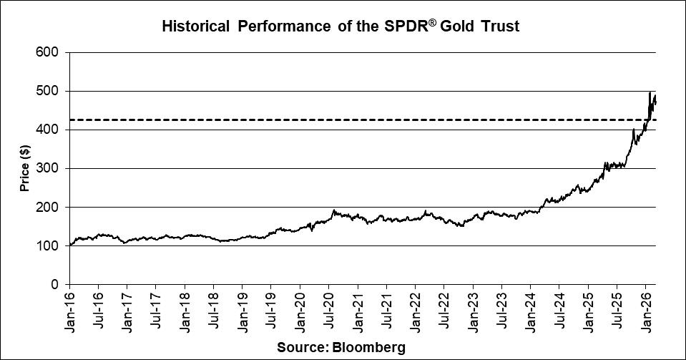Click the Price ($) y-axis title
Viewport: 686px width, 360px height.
coord(25,169)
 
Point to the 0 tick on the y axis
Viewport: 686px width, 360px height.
coord(56,284)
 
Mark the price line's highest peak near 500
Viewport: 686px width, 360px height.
coord(650,92)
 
